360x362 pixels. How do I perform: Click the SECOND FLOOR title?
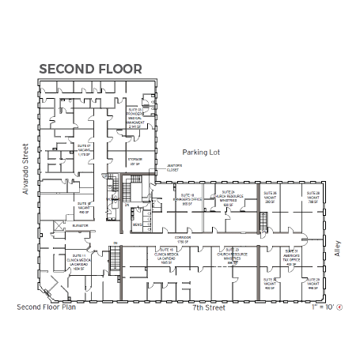click(91, 69)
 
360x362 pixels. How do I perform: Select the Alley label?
click(338, 247)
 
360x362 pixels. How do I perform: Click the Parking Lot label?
click(200, 151)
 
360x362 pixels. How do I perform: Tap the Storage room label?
click(135, 161)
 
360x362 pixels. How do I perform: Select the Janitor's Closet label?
click(173, 168)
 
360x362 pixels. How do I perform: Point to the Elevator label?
click(78, 226)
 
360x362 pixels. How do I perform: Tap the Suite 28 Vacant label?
click(313, 197)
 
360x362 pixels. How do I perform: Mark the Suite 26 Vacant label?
click(270, 197)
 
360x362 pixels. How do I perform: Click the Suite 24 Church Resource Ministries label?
click(229, 198)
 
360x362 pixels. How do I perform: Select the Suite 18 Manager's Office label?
click(188, 198)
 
